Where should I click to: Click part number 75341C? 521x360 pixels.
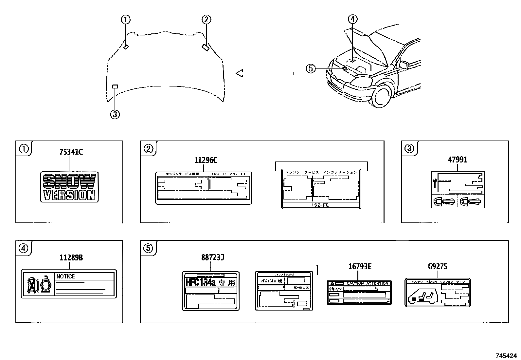point(71,152)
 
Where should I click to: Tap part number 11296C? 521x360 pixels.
point(206,160)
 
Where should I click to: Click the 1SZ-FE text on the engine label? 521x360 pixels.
point(320,205)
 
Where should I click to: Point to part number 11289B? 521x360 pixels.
point(71,258)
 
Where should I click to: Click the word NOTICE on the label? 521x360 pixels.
point(65,276)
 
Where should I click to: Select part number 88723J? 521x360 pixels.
point(212,258)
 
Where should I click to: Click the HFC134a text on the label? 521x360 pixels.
point(201,282)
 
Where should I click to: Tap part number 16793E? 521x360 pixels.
point(360,267)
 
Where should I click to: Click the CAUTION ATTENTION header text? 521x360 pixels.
point(367,283)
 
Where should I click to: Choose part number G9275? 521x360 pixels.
point(438,267)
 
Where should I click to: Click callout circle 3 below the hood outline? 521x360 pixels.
point(115,114)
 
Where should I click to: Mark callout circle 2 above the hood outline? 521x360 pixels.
point(206,20)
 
